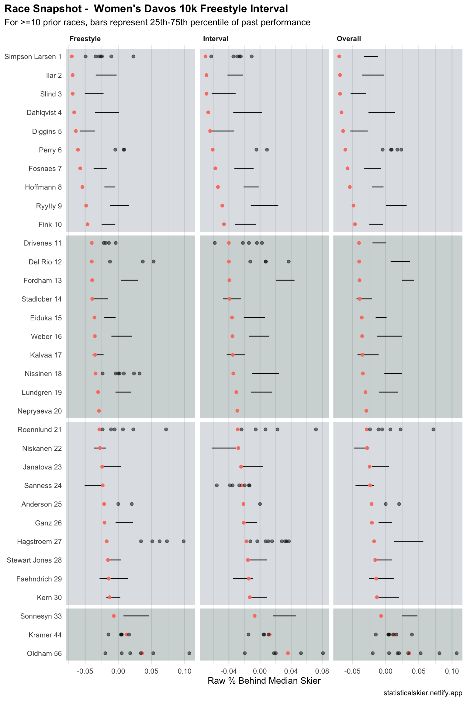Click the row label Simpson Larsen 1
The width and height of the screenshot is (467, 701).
(x=33, y=57)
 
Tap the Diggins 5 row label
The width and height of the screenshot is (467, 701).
(x=47, y=131)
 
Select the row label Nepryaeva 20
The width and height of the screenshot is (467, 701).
(x=40, y=411)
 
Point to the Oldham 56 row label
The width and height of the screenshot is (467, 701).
(x=44, y=654)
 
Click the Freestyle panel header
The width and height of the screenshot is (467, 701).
(x=85, y=39)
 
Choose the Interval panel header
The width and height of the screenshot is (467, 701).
(x=216, y=39)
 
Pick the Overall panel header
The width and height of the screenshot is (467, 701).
(x=349, y=39)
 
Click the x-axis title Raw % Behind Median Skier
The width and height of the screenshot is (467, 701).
(x=264, y=681)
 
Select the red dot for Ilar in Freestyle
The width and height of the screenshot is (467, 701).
(x=72, y=75)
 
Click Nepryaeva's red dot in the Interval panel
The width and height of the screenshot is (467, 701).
(x=237, y=411)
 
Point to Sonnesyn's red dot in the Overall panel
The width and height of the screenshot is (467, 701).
(x=381, y=616)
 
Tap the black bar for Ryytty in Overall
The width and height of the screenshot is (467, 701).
(x=396, y=206)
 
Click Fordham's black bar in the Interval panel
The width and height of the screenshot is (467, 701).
(x=285, y=280)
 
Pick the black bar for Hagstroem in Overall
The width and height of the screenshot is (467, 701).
(x=409, y=541)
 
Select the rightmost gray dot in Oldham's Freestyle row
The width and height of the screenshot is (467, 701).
(x=189, y=653)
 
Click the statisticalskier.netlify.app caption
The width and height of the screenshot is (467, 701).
(x=423, y=693)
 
